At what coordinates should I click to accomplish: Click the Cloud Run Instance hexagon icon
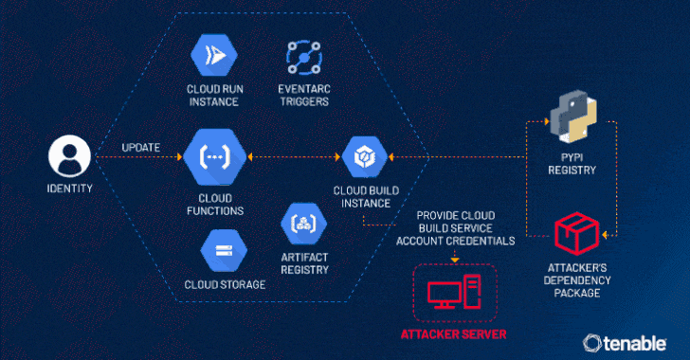[x=214, y=56]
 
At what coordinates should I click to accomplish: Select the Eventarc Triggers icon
[x=304, y=57]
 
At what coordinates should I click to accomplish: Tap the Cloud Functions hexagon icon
[x=215, y=156]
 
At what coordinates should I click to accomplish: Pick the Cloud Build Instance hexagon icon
[x=365, y=156]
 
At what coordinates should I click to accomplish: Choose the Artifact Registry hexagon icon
[x=304, y=224]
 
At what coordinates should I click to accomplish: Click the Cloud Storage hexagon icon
[x=224, y=250]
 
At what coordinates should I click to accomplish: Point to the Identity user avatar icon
[x=69, y=156]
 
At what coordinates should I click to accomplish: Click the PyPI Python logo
[x=573, y=117]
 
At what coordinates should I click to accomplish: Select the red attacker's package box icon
[x=576, y=234]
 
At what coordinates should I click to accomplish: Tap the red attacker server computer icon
[x=455, y=292]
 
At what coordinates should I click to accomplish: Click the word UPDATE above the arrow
[x=141, y=148]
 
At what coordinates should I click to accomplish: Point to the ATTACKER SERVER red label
[x=453, y=334]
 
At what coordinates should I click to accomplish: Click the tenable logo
[x=625, y=343]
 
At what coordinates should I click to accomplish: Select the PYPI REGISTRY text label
[x=572, y=164]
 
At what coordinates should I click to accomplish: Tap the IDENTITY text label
[x=69, y=189]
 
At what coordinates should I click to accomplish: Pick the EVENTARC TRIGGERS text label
[x=304, y=95]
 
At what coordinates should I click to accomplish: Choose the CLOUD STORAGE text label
[x=225, y=285]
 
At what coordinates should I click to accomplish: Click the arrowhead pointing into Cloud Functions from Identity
[x=179, y=156]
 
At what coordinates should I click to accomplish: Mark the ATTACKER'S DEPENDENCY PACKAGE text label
[x=577, y=280]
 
